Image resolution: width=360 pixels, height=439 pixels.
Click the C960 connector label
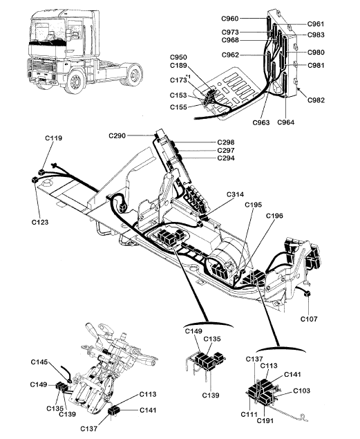point(230,19)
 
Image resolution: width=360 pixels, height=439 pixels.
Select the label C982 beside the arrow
point(316,100)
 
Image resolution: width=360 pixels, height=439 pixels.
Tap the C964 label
point(286,122)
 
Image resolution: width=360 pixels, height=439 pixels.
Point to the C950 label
point(178,57)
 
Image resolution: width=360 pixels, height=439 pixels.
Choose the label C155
point(178,107)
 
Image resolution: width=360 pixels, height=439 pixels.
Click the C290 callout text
point(117,136)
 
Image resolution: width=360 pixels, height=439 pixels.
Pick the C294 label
point(226,158)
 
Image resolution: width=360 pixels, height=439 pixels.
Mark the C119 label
point(54,138)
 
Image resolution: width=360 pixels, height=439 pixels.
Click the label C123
point(40,223)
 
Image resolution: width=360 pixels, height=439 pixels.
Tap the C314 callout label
point(235,194)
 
